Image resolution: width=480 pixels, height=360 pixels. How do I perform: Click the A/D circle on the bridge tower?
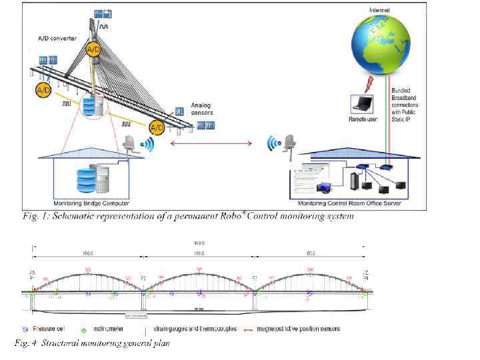(93, 49)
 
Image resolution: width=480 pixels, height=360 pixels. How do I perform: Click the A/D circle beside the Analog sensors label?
(156, 127)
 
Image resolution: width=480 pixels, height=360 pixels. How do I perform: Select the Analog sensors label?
(202, 109)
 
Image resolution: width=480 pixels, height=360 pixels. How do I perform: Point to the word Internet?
(381, 9)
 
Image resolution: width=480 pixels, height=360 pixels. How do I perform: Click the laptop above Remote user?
(364, 104)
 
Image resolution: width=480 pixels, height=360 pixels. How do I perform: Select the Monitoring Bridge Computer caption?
(91, 202)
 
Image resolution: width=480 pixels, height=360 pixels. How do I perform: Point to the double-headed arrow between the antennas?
(213, 143)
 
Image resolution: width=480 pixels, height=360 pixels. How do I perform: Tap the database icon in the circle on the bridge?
(92, 105)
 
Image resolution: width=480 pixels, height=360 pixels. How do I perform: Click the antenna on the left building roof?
(131, 144)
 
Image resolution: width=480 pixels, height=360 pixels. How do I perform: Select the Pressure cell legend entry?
(43, 329)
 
